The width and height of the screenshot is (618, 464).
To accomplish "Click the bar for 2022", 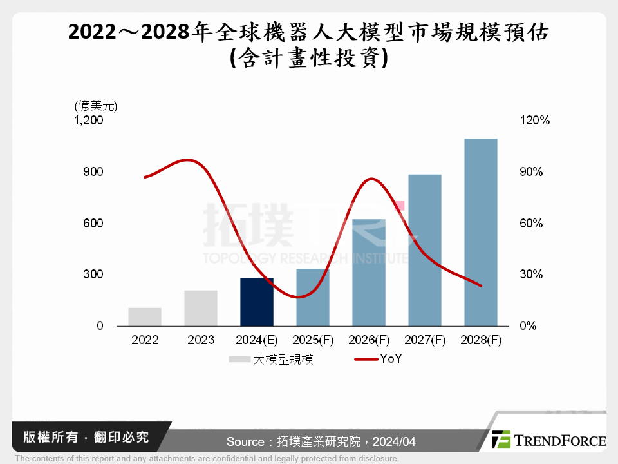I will (x=145, y=317).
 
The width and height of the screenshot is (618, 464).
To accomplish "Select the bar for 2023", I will (x=201, y=309).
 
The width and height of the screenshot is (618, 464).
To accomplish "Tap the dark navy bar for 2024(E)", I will (x=257, y=302).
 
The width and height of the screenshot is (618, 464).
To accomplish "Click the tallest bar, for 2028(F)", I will (x=481, y=232).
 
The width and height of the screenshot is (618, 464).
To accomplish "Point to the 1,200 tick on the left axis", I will (x=89, y=121).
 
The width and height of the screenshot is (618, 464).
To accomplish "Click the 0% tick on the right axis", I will (x=528, y=326).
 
